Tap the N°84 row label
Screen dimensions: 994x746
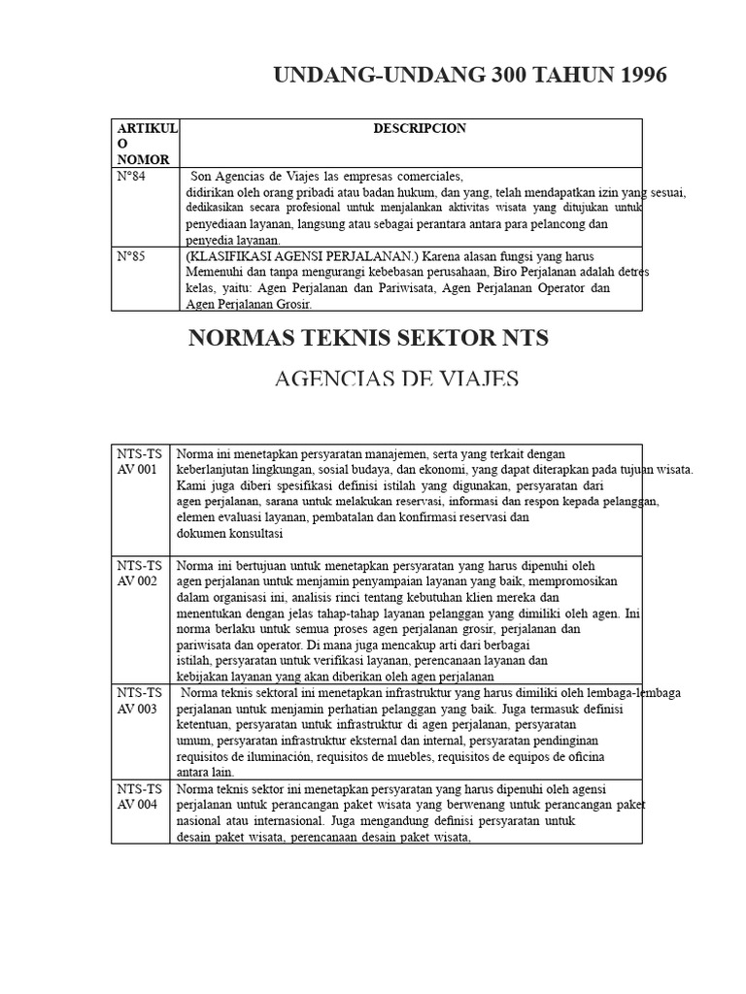pyautogui.click(x=131, y=177)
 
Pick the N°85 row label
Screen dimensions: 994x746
pyautogui.click(x=131, y=255)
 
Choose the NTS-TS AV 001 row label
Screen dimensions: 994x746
pyautogui.click(x=141, y=461)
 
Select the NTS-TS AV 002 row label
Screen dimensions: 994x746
pyautogui.click(x=141, y=572)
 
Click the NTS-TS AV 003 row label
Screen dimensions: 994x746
pyautogui.click(x=141, y=700)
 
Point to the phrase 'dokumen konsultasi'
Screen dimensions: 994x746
pyautogui.click(x=229, y=534)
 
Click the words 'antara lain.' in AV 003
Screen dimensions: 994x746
pyautogui.click(x=205, y=773)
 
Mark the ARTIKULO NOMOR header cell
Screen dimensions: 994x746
pyautogui.click(x=147, y=144)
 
